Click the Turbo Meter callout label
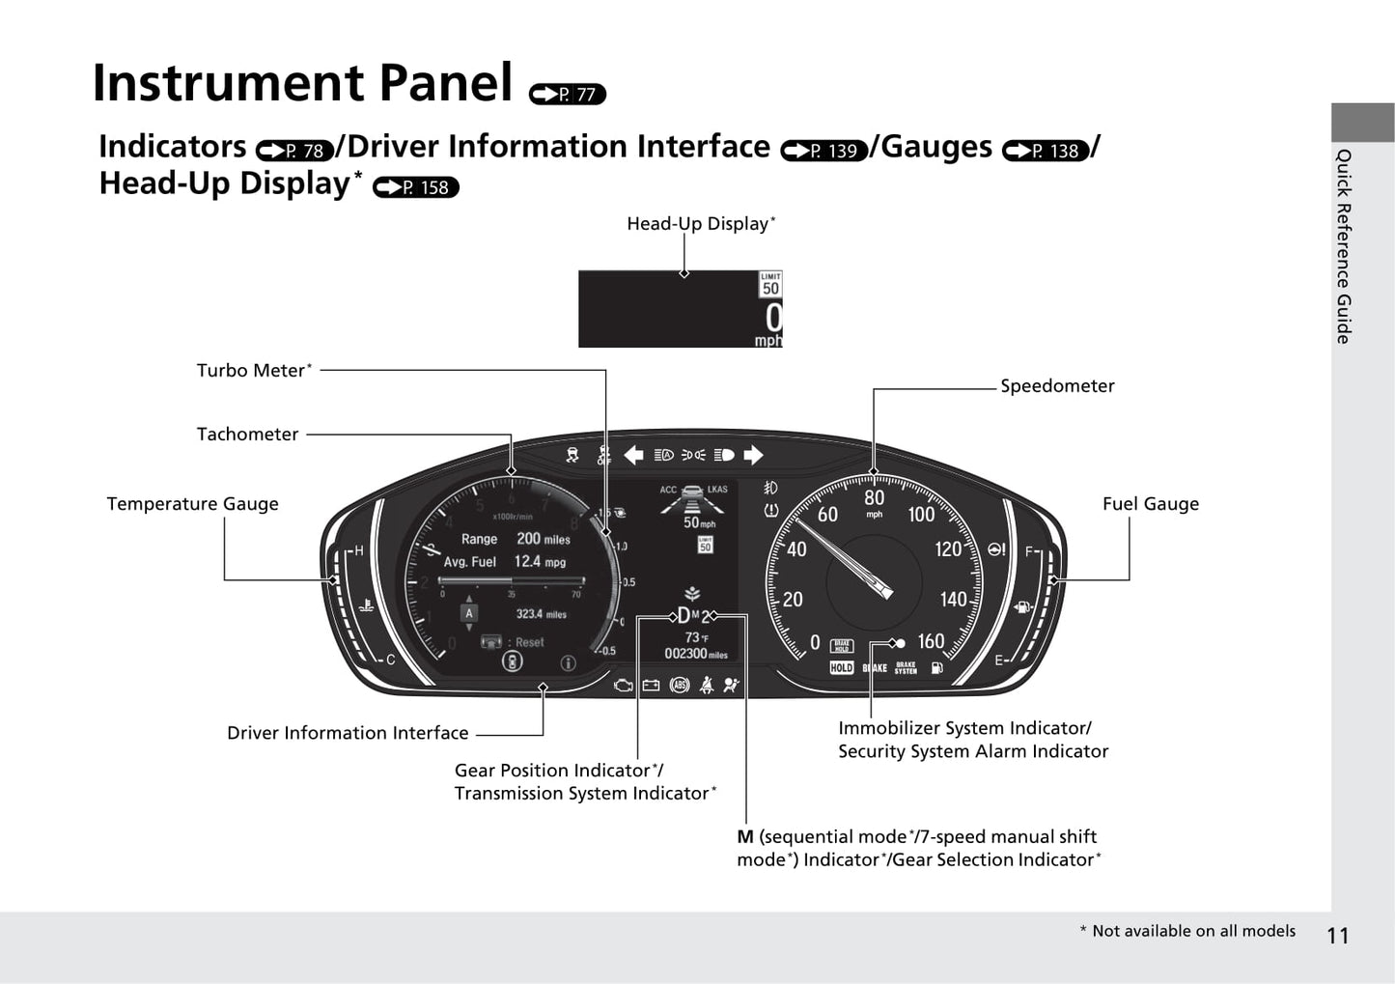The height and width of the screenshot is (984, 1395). (254, 371)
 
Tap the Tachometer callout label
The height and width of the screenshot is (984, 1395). (247, 435)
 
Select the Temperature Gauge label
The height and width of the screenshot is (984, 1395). (192, 504)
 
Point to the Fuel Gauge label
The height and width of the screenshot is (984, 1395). (1150, 504)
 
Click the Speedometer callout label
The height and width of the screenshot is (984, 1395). (1057, 386)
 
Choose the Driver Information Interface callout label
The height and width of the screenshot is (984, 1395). (348, 733)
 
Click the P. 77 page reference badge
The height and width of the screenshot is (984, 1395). (568, 94)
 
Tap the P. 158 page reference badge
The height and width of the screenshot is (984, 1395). (416, 187)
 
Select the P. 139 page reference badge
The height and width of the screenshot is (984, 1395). (824, 151)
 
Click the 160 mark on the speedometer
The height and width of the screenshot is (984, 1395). (931, 641)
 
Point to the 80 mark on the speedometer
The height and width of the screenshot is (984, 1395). (874, 497)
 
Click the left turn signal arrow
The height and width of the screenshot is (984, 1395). (633, 455)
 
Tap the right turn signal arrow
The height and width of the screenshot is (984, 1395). (753, 455)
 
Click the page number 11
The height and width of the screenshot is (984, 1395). (1337, 935)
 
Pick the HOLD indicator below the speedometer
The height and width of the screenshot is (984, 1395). (842, 667)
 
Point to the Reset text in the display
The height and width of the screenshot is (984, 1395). (529, 642)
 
